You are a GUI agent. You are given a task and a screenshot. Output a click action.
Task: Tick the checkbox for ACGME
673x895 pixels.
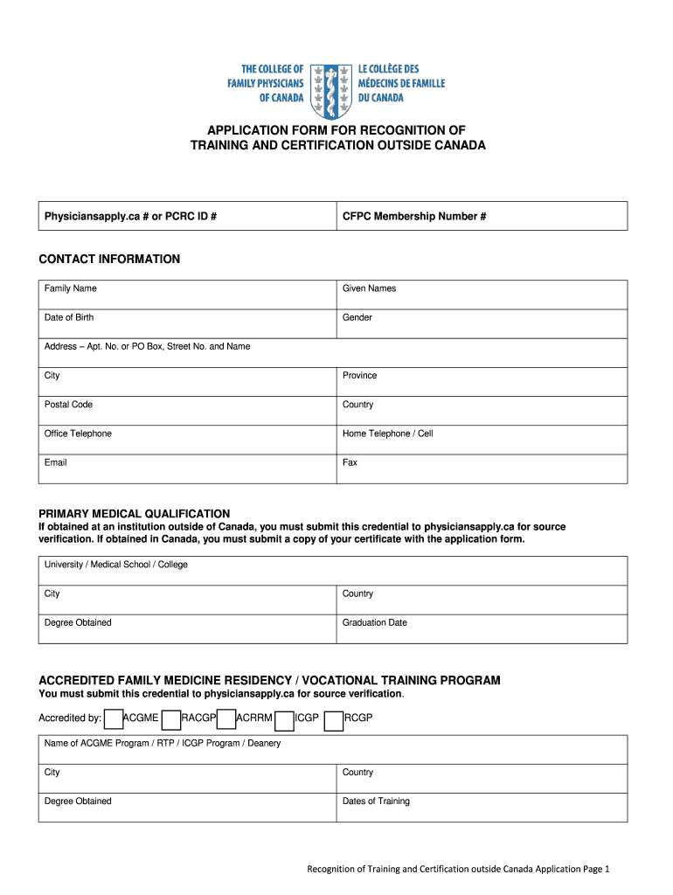[113, 719]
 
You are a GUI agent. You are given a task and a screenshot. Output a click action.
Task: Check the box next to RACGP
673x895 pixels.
[171, 719]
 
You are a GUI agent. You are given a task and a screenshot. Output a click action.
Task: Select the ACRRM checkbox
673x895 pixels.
[226, 719]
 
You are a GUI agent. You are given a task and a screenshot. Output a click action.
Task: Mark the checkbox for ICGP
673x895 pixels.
[284, 719]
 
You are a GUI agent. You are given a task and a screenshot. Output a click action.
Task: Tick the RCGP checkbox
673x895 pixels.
[333, 719]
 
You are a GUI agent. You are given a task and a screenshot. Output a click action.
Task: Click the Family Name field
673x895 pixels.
[187, 295]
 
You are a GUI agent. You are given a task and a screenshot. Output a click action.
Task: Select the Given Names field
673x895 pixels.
[482, 295]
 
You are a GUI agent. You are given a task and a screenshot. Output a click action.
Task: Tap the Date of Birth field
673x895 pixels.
[187, 323]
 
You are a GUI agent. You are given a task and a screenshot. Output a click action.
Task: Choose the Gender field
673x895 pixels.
[482, 323]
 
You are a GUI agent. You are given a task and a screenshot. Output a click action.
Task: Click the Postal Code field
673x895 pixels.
[187, 411]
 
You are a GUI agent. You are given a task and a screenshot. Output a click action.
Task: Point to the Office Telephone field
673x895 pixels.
[187, 440]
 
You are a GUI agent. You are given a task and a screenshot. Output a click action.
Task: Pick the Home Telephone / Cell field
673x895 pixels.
[482, 440]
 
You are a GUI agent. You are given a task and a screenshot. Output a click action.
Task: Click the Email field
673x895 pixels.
[187, 468]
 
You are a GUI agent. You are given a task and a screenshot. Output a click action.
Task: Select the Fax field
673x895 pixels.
[482, 468]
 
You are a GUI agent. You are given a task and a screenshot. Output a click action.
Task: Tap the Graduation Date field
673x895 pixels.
[482, 628]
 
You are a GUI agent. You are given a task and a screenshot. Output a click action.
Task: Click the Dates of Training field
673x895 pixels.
[482, 807]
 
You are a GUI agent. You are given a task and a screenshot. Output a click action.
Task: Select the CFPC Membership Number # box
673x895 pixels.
[482, 216]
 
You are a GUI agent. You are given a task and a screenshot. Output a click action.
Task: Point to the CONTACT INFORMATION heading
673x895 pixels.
[109, 259]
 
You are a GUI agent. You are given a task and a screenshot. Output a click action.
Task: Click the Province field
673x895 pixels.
[482, 382]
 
